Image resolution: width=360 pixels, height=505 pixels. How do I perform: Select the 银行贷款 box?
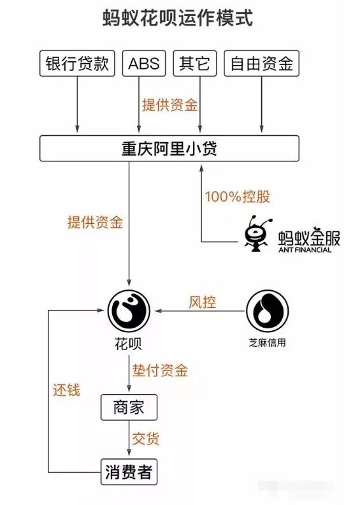point(77,64)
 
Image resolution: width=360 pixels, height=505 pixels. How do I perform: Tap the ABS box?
point(143,64)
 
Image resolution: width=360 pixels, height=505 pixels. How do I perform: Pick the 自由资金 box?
point(261,64)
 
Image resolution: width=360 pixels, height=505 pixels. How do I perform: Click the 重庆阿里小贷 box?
point(169,149)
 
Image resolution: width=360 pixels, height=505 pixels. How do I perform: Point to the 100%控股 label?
point(237,196)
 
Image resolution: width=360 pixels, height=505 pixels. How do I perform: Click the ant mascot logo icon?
point(258,233)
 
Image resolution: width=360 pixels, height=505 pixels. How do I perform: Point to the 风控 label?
point(202,302)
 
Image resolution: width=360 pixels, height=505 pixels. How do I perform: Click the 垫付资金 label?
point(159,370)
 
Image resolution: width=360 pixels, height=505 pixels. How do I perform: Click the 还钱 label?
point(66,390)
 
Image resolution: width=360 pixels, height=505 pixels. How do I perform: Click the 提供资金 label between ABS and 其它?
point(169,105)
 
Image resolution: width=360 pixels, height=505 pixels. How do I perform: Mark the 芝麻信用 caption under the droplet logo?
point(266,342)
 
